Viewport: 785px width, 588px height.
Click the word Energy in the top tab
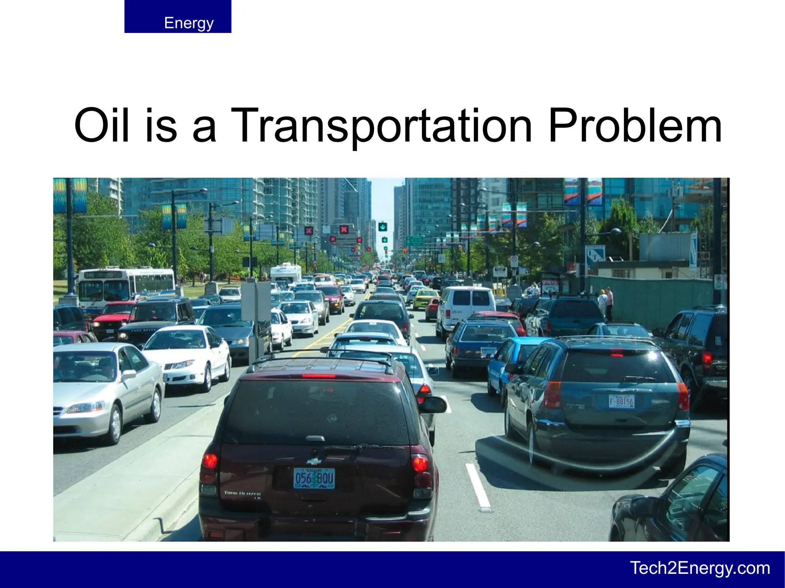coord(189,23)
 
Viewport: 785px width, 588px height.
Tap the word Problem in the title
coord(635,125)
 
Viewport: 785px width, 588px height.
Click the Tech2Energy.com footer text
coord(700,568)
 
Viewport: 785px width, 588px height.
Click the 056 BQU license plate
coord(314,478)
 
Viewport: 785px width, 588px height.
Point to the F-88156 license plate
coord(621,401)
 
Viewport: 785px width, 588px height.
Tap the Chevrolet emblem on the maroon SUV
coord(314,461)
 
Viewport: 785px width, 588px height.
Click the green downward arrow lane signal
coord(383,227)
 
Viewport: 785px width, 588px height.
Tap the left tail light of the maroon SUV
coord(210,461)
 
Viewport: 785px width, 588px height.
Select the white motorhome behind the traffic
coord(286,273)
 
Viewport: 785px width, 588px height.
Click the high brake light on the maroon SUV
coord(318,376)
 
